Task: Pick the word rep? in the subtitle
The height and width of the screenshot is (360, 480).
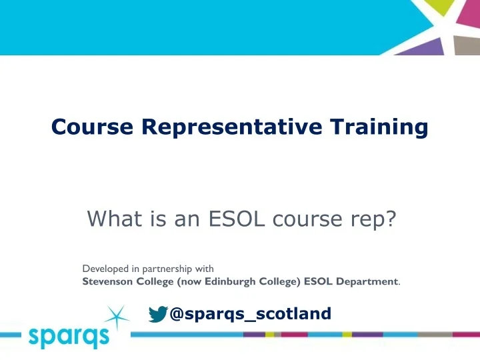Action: point(365,218)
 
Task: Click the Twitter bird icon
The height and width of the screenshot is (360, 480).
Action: point(157,314)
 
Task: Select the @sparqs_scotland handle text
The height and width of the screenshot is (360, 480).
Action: point(250,313)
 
